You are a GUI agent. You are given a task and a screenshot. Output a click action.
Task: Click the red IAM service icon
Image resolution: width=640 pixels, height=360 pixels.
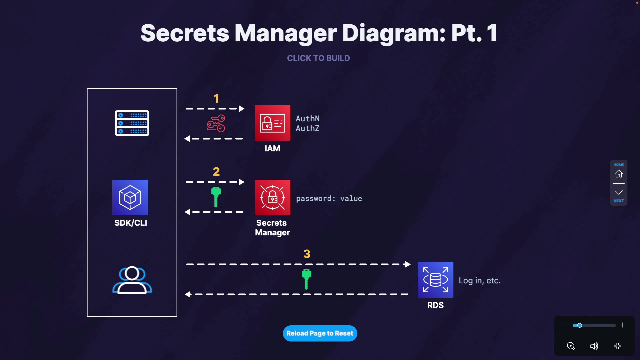pyautogui.click(x=272, y=123)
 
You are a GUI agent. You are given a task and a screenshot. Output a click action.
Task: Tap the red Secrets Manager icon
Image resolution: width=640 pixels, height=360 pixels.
pyautogui.click(x=272, y=197)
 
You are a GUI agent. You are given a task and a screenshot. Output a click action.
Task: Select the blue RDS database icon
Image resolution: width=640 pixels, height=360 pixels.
pyautogui.click(x=435, y=280)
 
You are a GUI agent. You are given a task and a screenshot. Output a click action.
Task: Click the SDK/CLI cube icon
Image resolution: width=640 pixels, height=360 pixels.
pyautogui.click(x=130, y=197)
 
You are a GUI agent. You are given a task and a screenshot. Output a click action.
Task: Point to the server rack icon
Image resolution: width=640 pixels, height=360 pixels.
pyautogui.click(x=132, y=123)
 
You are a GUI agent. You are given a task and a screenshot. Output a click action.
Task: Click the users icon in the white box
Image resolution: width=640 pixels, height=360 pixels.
pyautogui.click(x=132, y=280)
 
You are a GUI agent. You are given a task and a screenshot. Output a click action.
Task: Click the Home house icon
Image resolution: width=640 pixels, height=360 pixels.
pyautogui.click(x=619, y=174)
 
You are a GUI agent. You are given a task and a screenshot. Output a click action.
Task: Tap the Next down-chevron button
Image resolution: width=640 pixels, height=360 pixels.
pyautogui.click(x=619, y=193)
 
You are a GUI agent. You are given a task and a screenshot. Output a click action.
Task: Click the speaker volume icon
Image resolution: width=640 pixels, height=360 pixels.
pyautogui.click(x=594, y=346)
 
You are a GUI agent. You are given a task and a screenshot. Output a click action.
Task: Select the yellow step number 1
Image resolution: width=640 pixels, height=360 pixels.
pyautogui.click(x=216, y=99)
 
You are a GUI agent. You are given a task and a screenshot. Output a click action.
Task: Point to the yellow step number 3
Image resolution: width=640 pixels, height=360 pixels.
pyautogui.click(x=307, y=254)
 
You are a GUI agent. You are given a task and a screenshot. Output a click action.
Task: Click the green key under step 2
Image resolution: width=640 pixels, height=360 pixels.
pyautogui.click(x=216, y=197)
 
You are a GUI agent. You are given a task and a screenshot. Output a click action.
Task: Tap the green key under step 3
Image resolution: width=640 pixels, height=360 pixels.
pyautogui.click(x=306, y=279)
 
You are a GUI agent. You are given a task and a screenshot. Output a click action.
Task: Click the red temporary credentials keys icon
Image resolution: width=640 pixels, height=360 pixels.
pyautogui.click(x=216, y=123)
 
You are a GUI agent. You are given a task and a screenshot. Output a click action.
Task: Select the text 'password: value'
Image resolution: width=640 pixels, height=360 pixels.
pyautogui.click(x=329, y=199)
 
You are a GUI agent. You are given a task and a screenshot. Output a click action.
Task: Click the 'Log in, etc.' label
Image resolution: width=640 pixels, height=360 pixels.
pyautogui.click(x=479, y=281)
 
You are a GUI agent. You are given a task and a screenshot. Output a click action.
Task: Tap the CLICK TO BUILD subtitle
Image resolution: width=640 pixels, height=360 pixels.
pyautogui.click(x=318, y=58)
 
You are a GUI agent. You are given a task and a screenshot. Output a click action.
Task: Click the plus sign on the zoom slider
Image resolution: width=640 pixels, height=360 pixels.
pyautogui.click(x=622, y=325)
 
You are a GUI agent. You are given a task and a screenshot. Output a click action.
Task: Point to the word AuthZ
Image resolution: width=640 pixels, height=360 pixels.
pyautogui.click(x=307, y=128)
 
